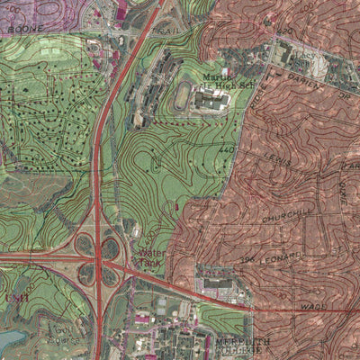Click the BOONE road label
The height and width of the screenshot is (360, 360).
(21, 28)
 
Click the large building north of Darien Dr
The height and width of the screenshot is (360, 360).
(286, 55)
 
